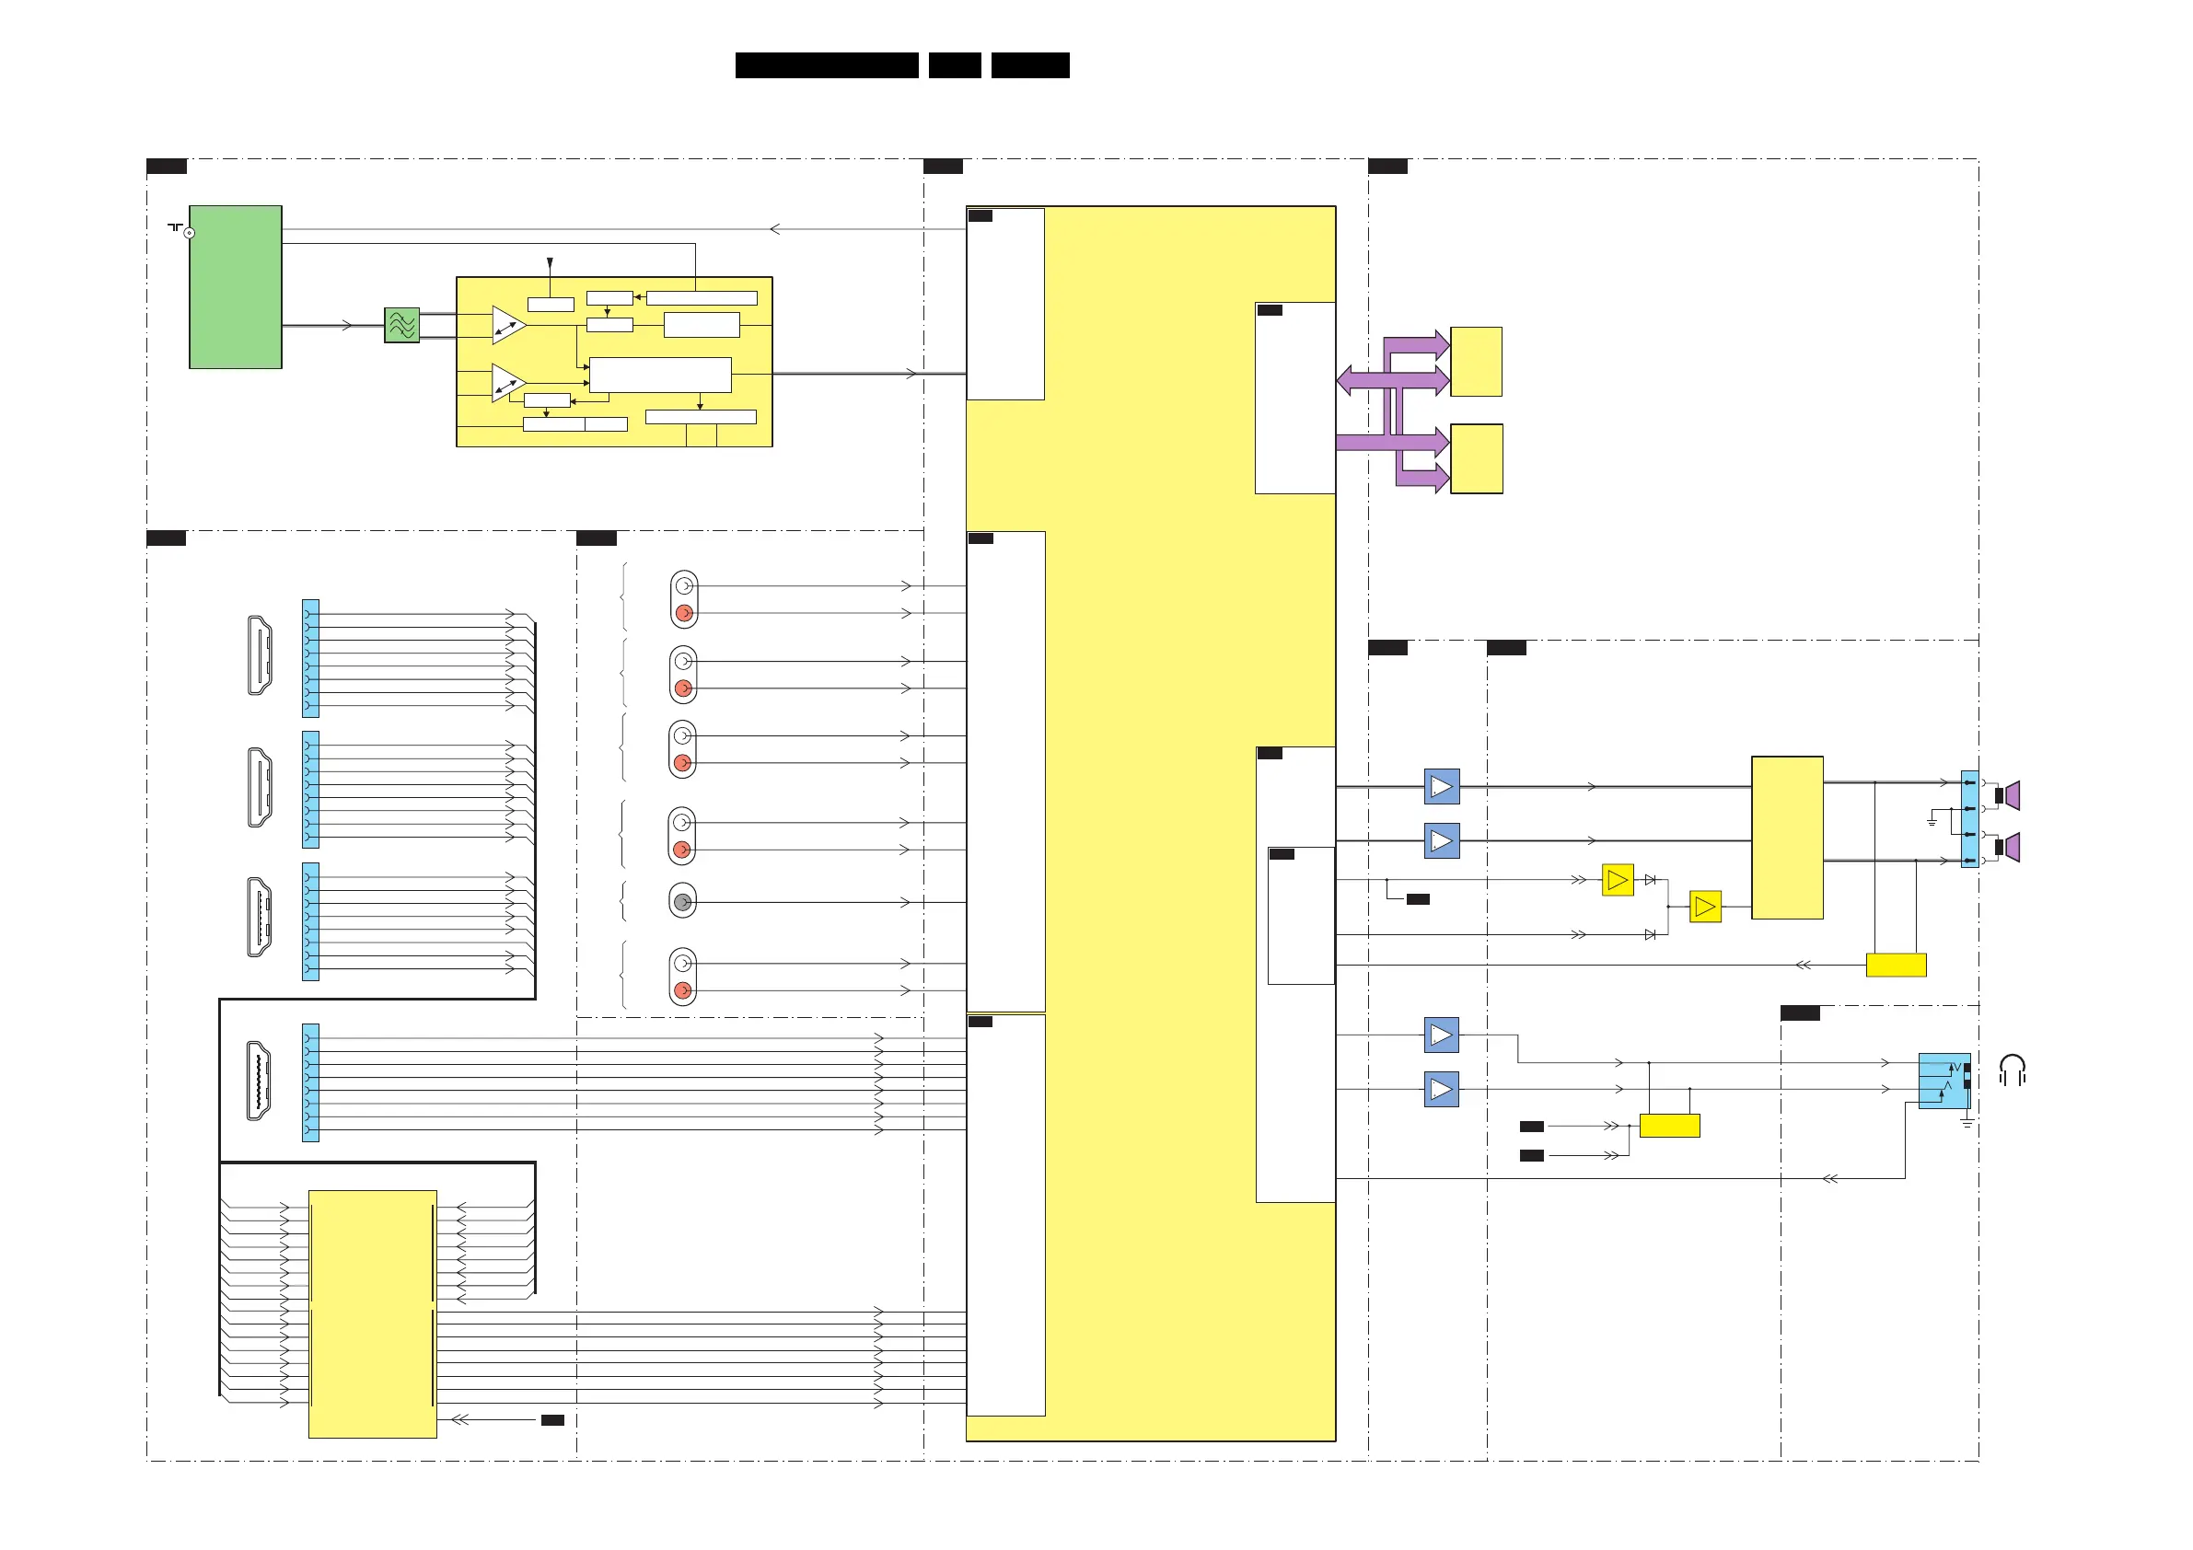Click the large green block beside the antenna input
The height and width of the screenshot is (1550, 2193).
(x=235, y=286)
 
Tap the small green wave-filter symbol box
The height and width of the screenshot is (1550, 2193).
(x=402, y=325)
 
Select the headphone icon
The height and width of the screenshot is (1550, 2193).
(x=2012, y=1070)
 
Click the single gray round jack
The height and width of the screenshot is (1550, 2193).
(x=682, y=901)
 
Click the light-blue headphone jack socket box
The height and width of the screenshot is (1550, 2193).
(x=1944, y=1081)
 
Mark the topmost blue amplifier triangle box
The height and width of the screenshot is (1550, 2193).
(x=1442, y=787)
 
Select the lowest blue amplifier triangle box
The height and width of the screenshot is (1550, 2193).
(x=1442, y=1089)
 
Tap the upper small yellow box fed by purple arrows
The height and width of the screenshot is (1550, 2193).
(x=1476, y=361)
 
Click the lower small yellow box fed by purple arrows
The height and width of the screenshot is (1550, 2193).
(x=1476, y=458)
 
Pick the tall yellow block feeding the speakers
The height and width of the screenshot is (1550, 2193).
(x=1786, y=838)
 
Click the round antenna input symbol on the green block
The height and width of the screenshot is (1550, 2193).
(x=189, y=233)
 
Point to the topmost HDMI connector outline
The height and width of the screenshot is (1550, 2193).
(x=259, y=655)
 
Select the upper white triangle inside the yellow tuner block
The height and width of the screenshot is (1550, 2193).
(x=508, y=325)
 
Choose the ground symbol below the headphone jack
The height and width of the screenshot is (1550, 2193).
(x=1967, y=1123)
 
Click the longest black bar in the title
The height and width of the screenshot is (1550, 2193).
(x=826, y=65)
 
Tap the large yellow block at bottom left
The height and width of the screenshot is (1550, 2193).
(x=373, y=1313)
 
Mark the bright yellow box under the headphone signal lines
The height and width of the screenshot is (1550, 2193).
(x=1668, y=1125)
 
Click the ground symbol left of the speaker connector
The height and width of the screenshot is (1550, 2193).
(x=1932, y=821)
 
